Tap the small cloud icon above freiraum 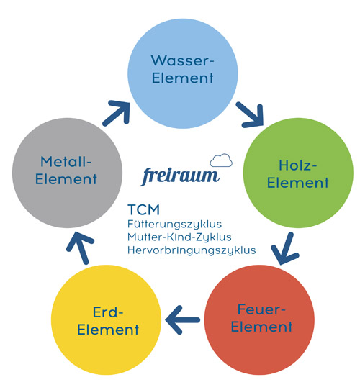click(x=221, y=159)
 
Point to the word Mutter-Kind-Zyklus click(x=174, y=237)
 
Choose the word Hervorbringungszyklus click(x=191, y=250)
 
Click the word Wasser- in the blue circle click(x=181, y=59)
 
